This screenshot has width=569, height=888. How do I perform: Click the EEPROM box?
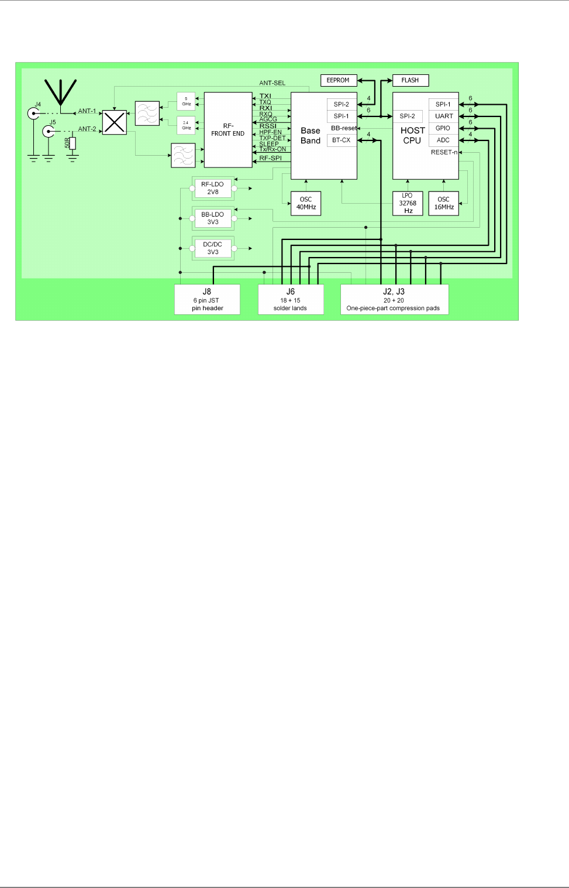[x=338, y=80]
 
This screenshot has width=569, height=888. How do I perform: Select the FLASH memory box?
[x=410, y=80]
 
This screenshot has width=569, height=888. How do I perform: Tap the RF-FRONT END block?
[x=228, y=130]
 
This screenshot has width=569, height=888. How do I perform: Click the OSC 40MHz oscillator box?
[x=306, y=203]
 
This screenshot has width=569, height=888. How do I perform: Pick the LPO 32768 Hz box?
[x=408, y=203]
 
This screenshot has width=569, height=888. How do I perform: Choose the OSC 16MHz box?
[x=444, y=203]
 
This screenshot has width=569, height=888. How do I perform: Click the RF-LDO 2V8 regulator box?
[x=213, y=188]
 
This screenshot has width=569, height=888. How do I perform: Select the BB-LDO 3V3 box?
[x=213, y=218]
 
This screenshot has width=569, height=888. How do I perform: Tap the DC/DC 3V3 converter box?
[x=213, y=248]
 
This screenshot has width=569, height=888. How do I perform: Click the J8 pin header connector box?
[x=207, y=299]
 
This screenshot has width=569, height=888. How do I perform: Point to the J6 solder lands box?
[x=291, y=299]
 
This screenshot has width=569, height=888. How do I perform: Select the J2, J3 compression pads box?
[x=394, y=299]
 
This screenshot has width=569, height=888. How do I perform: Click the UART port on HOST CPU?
[x=444, y=116]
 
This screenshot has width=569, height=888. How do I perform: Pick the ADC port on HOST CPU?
[x=443, y=140]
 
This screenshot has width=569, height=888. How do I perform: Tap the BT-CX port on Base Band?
[x=342, y=140]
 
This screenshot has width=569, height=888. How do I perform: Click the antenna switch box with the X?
[x=115, y=122]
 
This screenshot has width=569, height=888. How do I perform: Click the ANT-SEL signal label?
[x=273, y=83]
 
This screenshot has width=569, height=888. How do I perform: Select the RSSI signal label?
[x=268, y=126]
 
